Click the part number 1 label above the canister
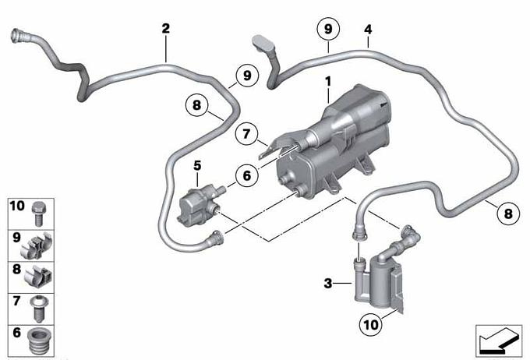[328, 81]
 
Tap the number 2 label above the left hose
[165, 28]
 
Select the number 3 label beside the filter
[328, 284]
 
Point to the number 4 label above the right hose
[368, 30]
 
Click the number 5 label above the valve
[197, 166]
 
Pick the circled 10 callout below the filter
[370, 324]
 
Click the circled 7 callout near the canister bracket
[246, 133]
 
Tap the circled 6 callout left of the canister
[247, 175]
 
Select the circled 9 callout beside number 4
[328, 29]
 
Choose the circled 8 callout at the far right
[508, 214]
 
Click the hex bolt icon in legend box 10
[38, 214]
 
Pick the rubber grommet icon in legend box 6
[37, 341]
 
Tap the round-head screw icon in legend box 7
[39, 309]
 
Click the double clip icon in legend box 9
[37, 245]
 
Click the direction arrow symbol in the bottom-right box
[499, 342]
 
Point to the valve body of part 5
[196, 206]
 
